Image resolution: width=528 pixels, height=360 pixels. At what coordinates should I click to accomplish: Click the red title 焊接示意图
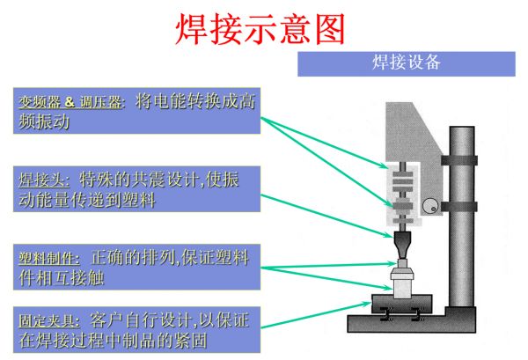pos(260,29)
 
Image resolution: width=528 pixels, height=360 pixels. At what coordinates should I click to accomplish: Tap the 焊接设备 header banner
pos(406,63)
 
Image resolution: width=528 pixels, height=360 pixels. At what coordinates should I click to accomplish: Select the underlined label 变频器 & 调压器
pos(70,102)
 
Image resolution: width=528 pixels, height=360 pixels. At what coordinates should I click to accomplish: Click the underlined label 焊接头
pos(44,180)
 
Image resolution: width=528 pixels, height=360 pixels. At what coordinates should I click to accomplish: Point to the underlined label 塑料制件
pos(49,259)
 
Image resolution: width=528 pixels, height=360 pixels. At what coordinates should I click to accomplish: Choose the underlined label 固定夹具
pos(49,320)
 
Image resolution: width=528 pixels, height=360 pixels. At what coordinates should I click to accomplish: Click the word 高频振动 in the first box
pos(136,111)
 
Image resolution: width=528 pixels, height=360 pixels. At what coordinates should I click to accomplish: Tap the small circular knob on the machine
pos(430,206)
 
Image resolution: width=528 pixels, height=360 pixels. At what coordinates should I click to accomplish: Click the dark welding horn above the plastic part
pos(403,245)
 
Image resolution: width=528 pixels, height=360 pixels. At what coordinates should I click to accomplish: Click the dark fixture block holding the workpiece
pos(402,303)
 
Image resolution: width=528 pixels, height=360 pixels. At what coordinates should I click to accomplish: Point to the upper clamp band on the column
pos(459,160)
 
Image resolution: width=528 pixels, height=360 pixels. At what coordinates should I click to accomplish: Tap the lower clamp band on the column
pos(459,207)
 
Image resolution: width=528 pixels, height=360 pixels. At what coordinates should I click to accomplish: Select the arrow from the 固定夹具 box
pos(316,315)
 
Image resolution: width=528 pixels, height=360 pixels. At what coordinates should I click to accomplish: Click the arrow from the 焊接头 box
pos(327,216)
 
